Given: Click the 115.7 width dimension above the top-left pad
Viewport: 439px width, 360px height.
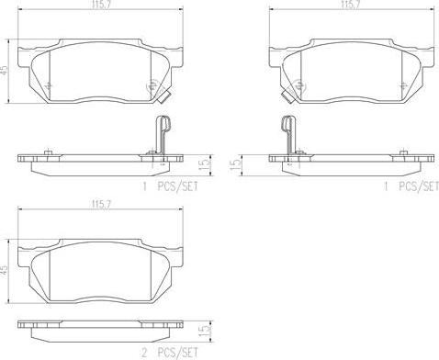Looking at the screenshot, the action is pos(100,5).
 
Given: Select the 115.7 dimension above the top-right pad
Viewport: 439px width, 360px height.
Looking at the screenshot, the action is pos(351,5).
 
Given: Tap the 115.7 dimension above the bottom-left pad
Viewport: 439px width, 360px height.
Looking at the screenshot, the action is pos(100,205).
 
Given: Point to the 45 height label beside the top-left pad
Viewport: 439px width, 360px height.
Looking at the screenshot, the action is pos(5,72).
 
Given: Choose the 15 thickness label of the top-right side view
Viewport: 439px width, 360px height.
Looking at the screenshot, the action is pos(236,165).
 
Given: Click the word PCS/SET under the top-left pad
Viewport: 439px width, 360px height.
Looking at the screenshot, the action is pos(177,186).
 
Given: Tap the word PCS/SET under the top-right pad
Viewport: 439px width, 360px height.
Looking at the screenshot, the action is pos(419,186).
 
